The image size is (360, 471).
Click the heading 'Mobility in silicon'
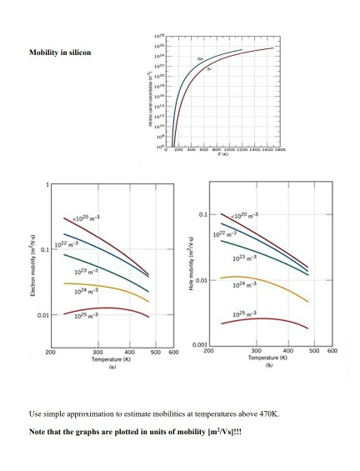tap(60, 53)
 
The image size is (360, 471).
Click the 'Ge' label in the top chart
tap(199, 59)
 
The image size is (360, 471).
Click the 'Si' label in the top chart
tap(209, 69)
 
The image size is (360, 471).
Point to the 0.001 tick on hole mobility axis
tap(198, 345)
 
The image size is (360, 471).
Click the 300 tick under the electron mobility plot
tap(99, 353)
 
